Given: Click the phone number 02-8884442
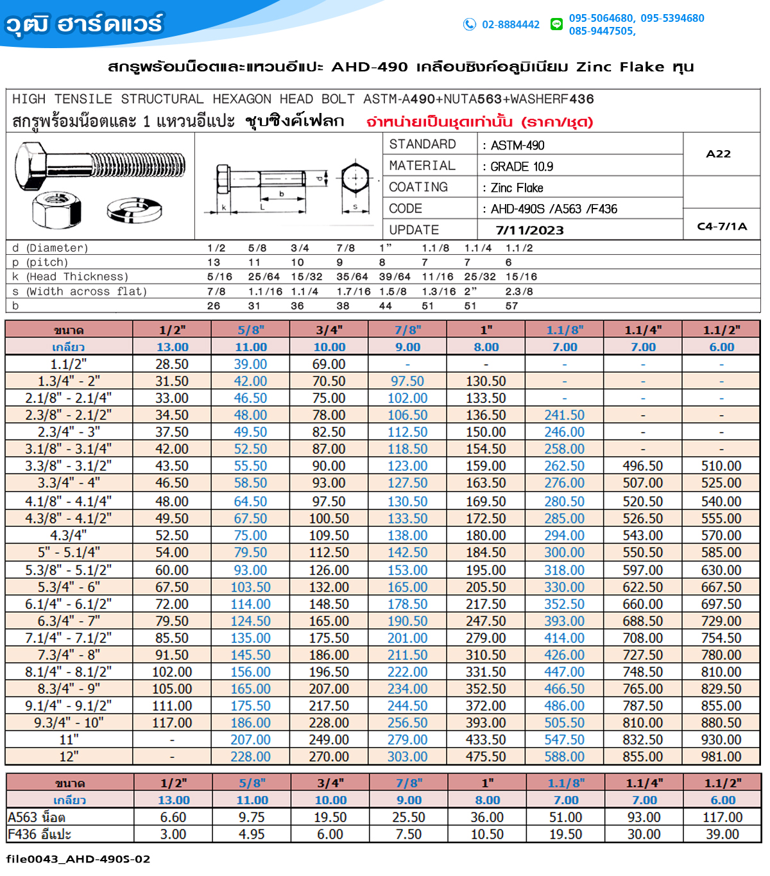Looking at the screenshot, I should pos(511,24).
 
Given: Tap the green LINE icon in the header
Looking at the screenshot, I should pos(556,24).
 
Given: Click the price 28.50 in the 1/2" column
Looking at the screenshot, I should pos(172,364).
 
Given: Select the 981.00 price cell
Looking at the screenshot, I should pos(721,757).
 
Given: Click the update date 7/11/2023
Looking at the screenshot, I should pos(529,230).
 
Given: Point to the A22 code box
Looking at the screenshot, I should pos(719,154).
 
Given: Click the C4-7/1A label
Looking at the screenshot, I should pos(722,226).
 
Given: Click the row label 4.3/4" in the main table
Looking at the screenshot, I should pos(69,535).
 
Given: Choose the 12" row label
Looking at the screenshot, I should pos(69,757).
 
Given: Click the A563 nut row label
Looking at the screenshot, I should pos(37,818).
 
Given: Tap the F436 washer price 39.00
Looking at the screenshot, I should pos(723,834).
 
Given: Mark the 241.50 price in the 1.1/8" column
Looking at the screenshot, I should pos(565,415).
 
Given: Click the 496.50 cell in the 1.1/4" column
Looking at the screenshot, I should pos(643,466).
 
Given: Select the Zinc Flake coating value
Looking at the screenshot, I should pos(517,188).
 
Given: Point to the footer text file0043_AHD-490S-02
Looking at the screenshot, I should pos(78,859).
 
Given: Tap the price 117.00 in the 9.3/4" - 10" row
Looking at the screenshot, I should pos(172,723).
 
